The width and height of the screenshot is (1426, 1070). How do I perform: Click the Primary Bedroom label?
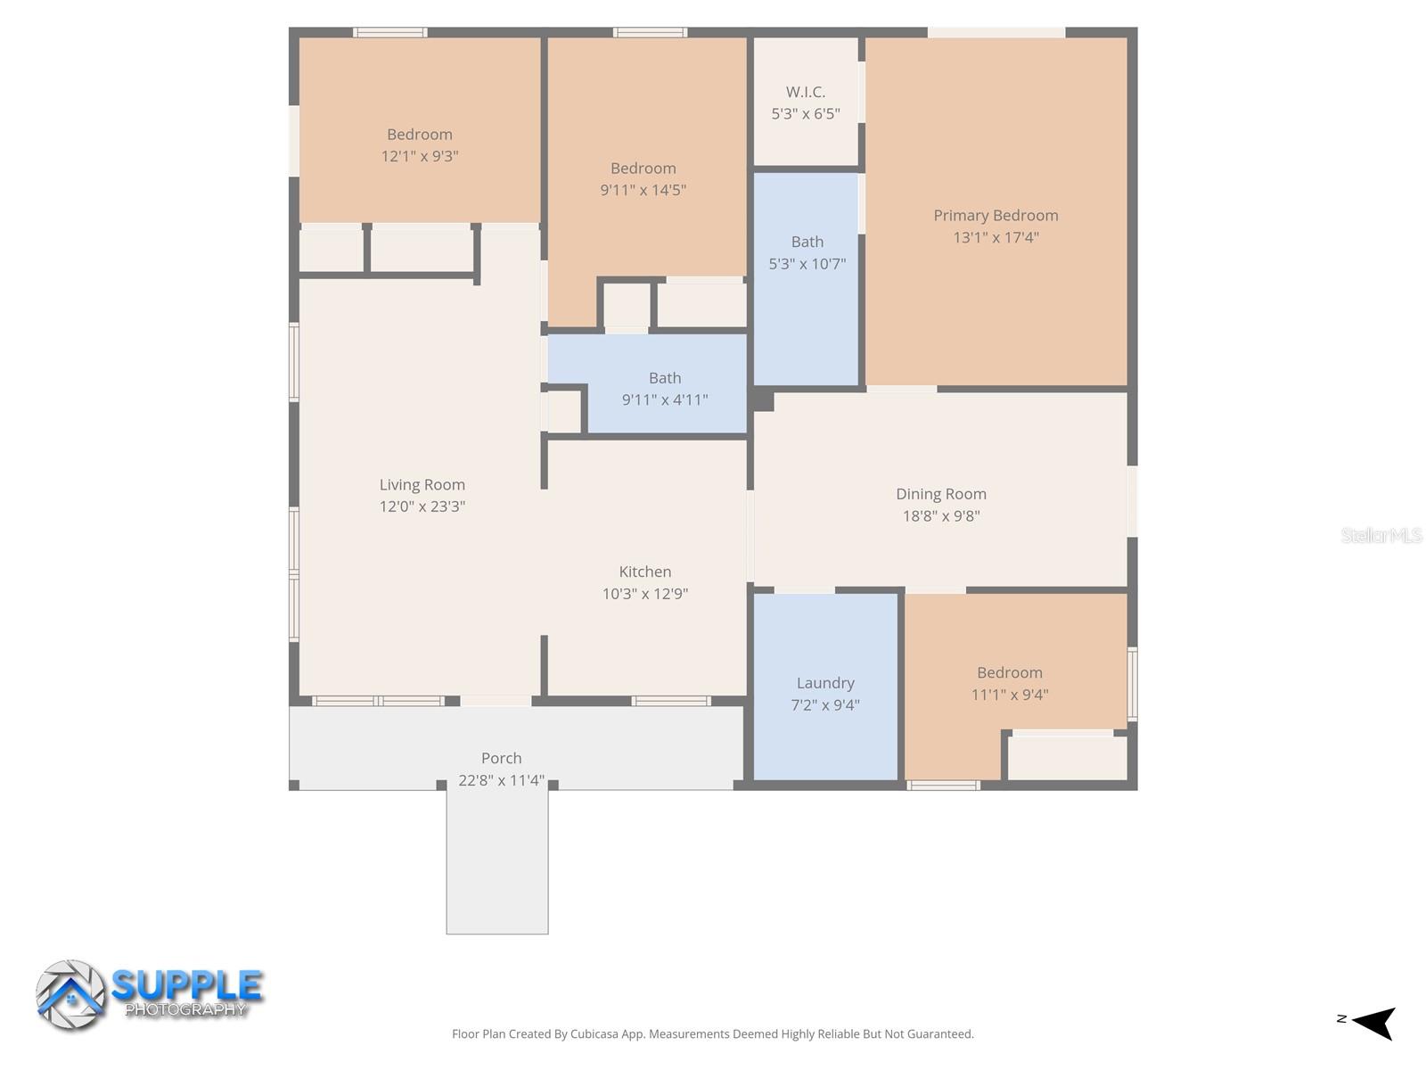point(996,215)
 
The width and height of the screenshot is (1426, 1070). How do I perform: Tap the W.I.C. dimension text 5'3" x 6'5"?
point(805,113)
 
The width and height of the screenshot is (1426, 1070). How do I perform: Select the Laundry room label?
point(825,683)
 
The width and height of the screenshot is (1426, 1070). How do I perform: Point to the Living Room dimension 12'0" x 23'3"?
point(422,506)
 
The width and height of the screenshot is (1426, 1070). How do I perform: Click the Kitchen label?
point(644,572)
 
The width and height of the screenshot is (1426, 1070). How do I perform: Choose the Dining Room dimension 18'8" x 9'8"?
point(941,515)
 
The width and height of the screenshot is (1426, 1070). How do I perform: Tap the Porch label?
point(501,758)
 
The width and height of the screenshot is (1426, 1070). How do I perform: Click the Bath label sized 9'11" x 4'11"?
point(665,378)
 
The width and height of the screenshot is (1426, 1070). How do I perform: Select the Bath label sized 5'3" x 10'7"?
point(807,242)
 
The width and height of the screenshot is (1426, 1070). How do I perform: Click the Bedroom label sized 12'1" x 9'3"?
point(419,135)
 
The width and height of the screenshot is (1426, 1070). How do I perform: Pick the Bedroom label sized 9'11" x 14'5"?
point(643,169)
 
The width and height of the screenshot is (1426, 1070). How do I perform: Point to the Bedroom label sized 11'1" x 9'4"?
point(1009,673)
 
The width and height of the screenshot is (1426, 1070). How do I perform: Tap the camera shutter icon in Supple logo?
point(70,995)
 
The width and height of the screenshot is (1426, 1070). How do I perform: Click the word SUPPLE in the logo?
point(187,985)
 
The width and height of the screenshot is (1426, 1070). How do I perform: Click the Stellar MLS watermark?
point(1381,535)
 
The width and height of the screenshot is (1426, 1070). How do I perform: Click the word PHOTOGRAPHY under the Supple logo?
point(185,1010)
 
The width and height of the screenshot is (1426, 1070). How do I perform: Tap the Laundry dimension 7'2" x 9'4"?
point(825,705)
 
